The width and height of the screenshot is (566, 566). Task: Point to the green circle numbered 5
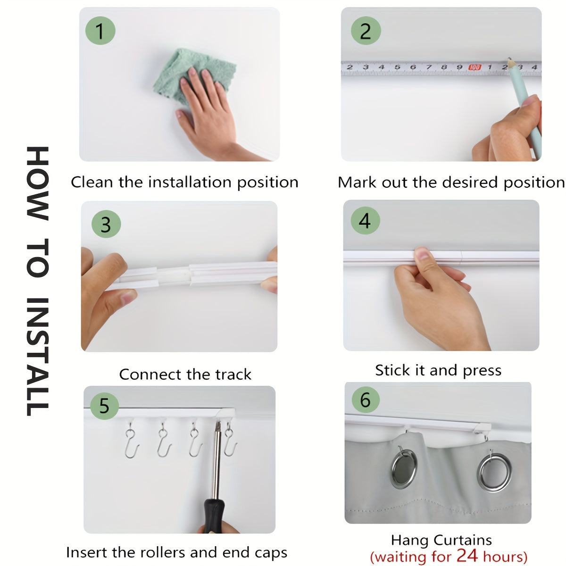coord(104,405)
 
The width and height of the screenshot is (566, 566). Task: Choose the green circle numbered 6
coord(366,400)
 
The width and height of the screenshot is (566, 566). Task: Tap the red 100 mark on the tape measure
coord(474,67)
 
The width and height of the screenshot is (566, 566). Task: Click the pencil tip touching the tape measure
coord(509,60)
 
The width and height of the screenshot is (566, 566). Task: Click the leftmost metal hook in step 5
coord(132,441)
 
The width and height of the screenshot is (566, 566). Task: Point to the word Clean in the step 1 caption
coord(92,182)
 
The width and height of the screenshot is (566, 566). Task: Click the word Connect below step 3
coord(150,374)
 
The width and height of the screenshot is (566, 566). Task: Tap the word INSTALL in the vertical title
coord(37,357)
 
